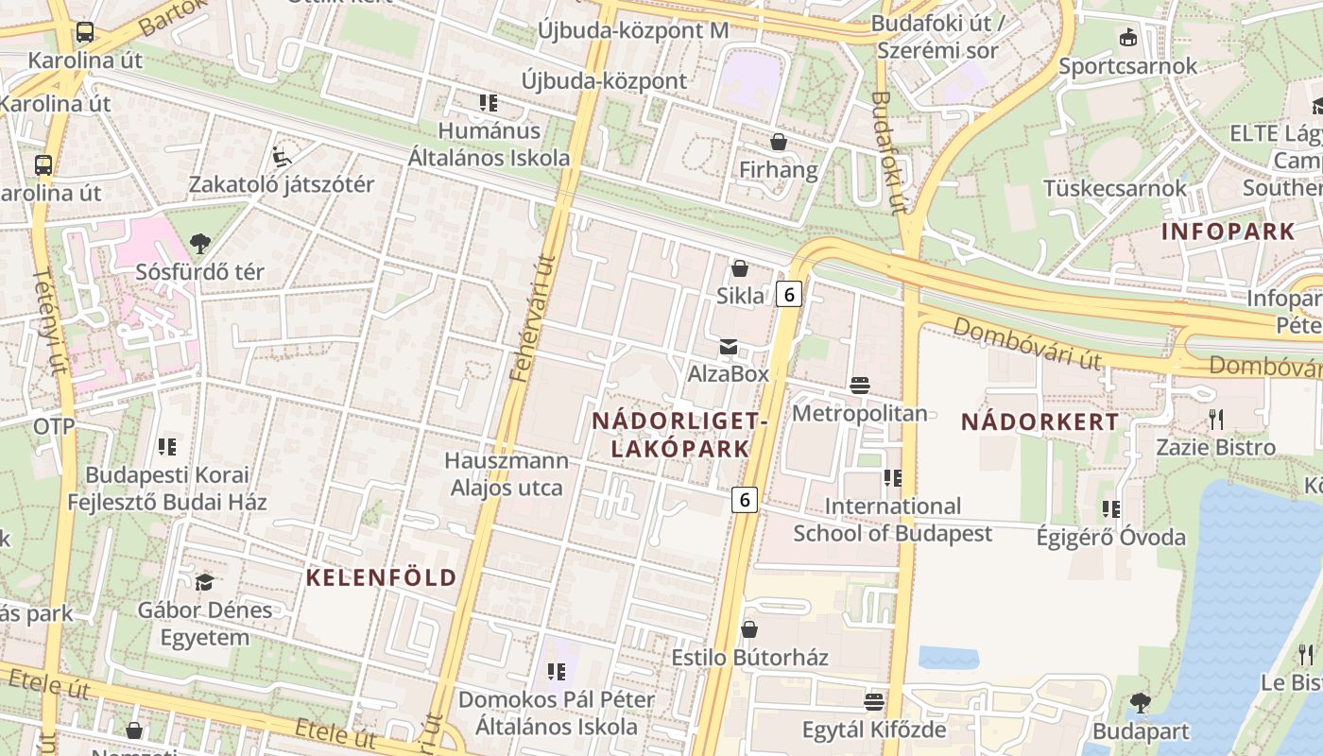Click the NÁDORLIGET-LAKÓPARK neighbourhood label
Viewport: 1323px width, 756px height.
pyautogui.click(x=679, y=435)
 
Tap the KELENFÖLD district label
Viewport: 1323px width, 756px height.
pyautogui.click(x=381, y=577)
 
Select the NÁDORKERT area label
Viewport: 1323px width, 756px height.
pyautogui.click(x=1039, y=422)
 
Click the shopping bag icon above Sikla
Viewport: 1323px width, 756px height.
pyautogui.click(x=740, y=269)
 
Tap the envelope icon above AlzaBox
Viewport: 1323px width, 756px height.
pyautogui.click(x=729, y=347)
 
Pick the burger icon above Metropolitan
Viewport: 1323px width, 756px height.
pyautogui.click(x=860, y=386)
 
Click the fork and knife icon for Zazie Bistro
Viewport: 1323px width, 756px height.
pyautogui.click(x=1216, y=419)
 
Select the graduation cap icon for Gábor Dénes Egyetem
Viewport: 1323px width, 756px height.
pyautogui.click(x=205, y=582)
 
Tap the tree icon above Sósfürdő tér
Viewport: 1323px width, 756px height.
pyautogui.click(x=199, y=244)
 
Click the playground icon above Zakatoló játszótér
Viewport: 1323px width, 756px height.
pyautogui.click(x=281, y=156)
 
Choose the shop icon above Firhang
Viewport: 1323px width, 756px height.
pyautogui.click(x=779, y=143)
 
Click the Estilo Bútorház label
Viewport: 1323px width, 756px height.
pyautogui.click(x=749, y=657)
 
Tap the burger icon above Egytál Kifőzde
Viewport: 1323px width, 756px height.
pyautogui.click(x=874, y=702)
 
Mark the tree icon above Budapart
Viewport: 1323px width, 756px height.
pyautogui.click(x=1140, y=703)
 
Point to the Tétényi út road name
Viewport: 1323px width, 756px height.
pyautogui.click(x=49, y=321)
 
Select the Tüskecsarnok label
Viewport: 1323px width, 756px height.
pyautogui.click(x=1114, y=188)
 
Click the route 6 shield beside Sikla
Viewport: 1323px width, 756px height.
pyautogui.click(x=788, y=295)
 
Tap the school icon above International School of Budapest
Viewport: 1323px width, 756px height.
pyautogui.click(x=892, y=478)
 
